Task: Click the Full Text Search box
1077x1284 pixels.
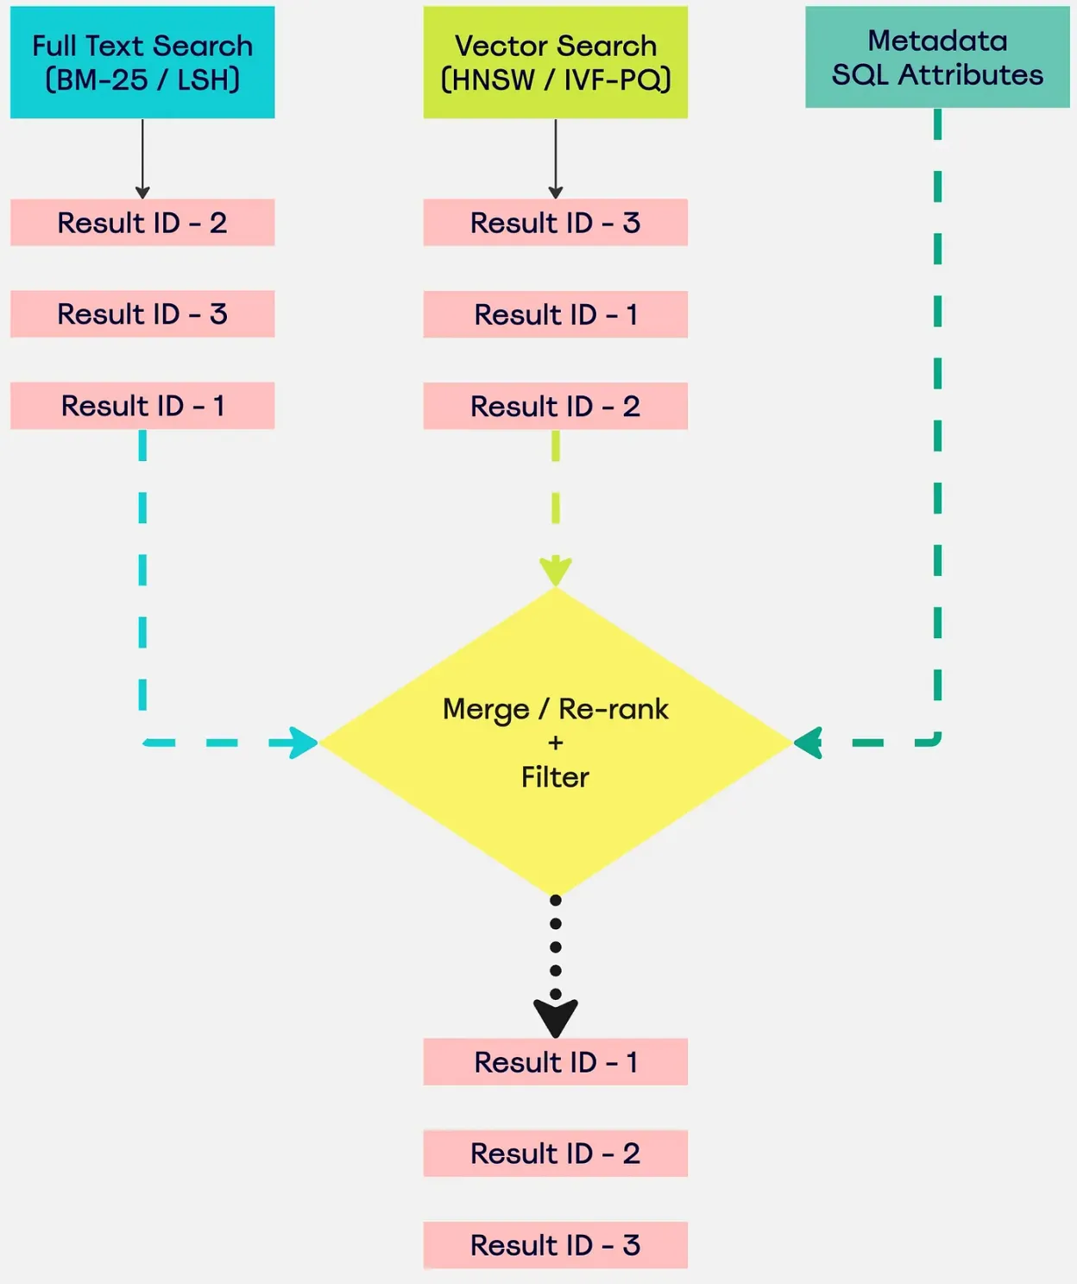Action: tap(142, 62)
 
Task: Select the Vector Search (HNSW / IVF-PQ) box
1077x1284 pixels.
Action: tap(555, 62)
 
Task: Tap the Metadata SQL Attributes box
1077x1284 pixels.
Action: tap(937, 57)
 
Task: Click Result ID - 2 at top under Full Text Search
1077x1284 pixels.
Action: tap(142, 223)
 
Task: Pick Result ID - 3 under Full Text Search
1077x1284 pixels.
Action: tap(142, 314)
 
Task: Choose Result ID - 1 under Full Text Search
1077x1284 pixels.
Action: tap(142, 406)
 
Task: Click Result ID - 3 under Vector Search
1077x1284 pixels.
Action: tap(555, 223)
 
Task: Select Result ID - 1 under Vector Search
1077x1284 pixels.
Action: tap(555, 314)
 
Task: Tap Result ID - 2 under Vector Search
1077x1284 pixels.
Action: tap(555, 406)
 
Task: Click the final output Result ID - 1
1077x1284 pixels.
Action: tap(555, 1062)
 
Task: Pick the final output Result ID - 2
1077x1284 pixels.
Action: tap(555, 1154)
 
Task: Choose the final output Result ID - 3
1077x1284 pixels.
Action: tap(555, 1245)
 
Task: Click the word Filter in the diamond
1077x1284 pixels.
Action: tap(555, 777)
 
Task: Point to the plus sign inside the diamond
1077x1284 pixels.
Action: tap(555, 743)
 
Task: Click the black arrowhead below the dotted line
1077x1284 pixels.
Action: tap(555, 1017)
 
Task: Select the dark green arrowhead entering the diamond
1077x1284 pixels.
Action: tap(809, 743)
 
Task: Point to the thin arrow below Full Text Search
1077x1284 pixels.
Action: tap(142, 160)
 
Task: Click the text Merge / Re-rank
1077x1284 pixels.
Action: tap(555, 709)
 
